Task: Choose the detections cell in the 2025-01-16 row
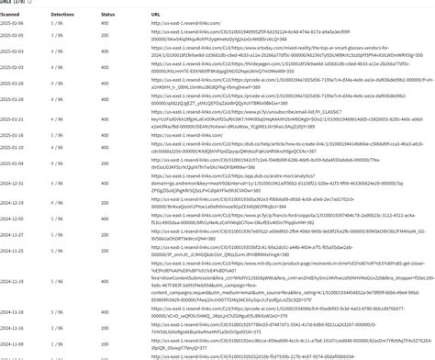57,135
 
